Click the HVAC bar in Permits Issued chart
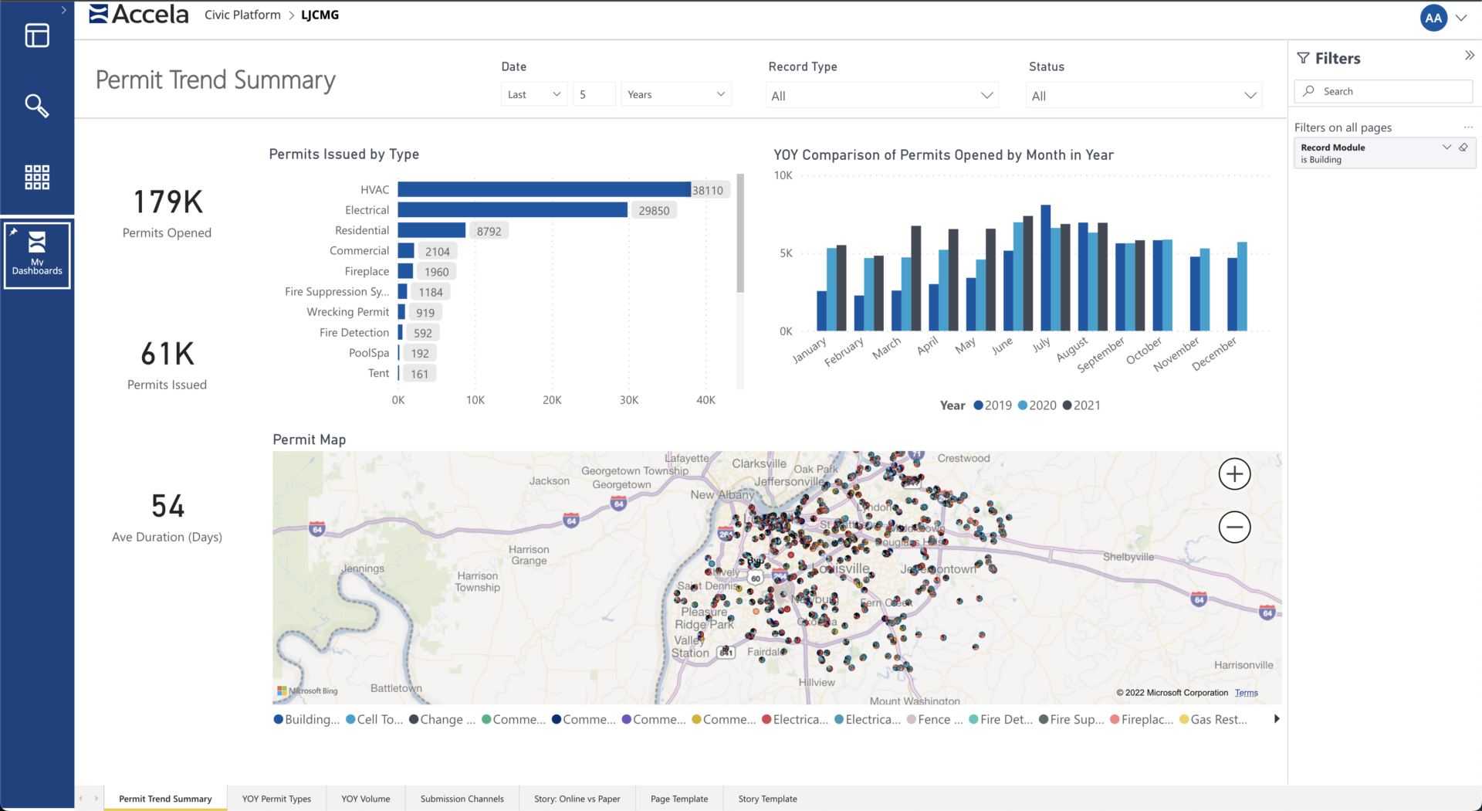click(x=543, y=189)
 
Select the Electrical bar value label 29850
click(x=654, y=210)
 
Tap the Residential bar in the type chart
click(x=431, y=230)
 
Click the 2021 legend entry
click(x=1081, y=405)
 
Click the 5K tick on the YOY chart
click(x=786, y=253)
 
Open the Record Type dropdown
click(x=881, y=96)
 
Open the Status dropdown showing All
click(x=1144, y=96)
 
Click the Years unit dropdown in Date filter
click(x=675, y=94)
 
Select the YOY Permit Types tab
click(x=276, y=799)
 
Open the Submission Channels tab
click(x=462, y=799)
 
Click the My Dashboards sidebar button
click(x=37, y=254)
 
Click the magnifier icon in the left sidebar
click(x=37, y=105)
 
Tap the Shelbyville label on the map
click(x=1128, y=557)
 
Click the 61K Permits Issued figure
click(x=167, y=355)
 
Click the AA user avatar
click(x=1433, y=18)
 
